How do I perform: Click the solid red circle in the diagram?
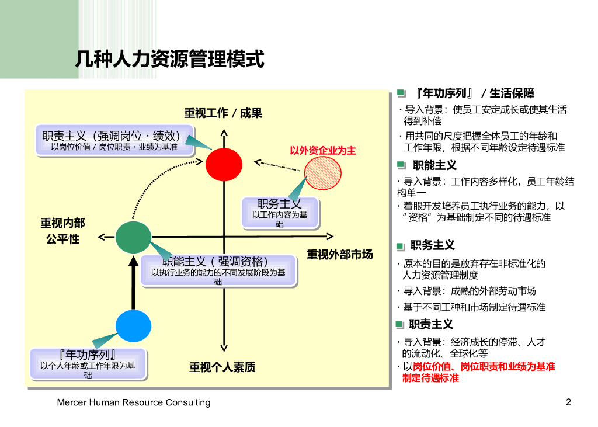[224, 164]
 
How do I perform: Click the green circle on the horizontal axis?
[134, 237]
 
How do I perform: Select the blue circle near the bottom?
[133, 325]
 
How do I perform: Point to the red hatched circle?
[324, 173]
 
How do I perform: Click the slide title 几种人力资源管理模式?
[170, 59]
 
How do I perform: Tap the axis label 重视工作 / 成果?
[223, 113]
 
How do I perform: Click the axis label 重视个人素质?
[222, 367]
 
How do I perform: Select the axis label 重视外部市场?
[339, 255]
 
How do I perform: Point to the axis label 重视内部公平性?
[62, 231]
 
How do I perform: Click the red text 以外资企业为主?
[323, 151]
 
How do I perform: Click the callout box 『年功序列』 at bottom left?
[88, 363]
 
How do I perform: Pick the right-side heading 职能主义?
[434, 165]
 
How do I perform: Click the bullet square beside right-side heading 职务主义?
[401, 246]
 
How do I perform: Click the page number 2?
[568, 402]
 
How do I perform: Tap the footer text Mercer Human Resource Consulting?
[134, 402]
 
